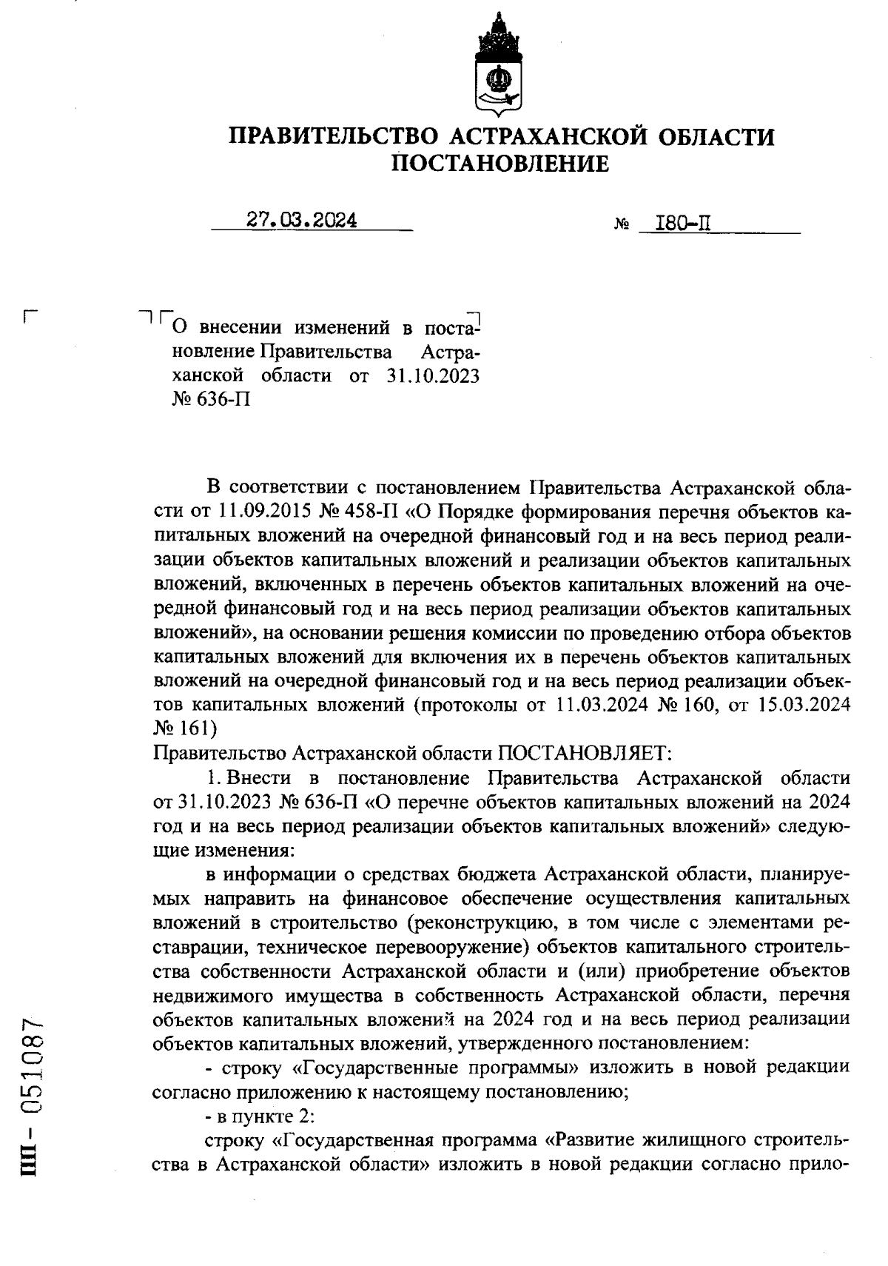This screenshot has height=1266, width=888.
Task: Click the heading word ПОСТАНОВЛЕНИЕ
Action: pos(499,164)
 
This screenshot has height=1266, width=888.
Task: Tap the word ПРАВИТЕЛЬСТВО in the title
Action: pos(329,136)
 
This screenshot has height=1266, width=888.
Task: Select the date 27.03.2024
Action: pos(302,221)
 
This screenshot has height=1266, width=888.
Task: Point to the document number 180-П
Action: pos(673,222)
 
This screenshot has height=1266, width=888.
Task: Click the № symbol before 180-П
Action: pos(621,224)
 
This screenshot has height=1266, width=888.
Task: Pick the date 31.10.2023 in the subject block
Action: pos(433,375)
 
